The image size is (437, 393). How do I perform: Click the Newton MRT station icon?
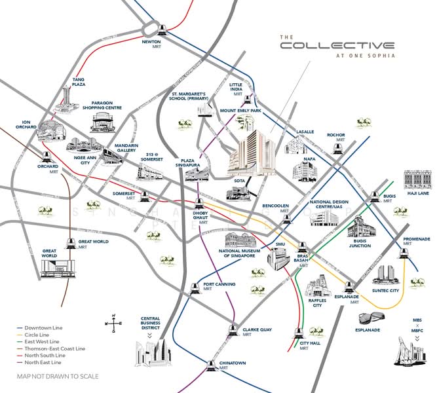point(162,28)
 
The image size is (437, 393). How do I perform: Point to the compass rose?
point(113,322)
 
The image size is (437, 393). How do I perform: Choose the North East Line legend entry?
point(41,362)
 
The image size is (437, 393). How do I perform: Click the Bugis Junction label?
point(359,242)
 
